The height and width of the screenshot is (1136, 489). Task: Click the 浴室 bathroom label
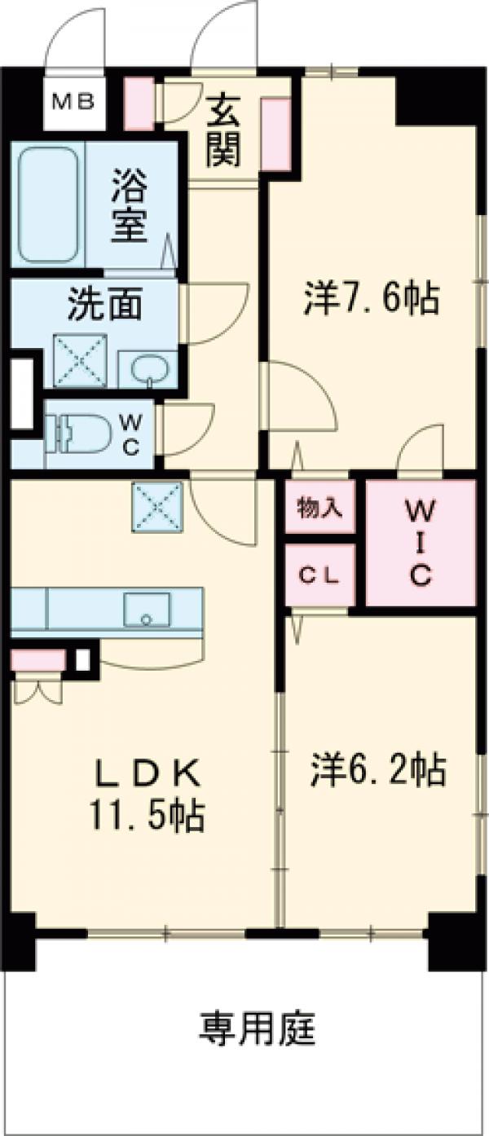coord(130,205)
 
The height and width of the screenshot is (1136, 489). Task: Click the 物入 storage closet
coord(319,509)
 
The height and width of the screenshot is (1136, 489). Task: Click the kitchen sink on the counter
coord(147,609)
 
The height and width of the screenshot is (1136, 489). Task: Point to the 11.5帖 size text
coord(148,816)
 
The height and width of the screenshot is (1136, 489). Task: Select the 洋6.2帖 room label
coord(377,768)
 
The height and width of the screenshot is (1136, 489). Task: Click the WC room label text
coord(130,434)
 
